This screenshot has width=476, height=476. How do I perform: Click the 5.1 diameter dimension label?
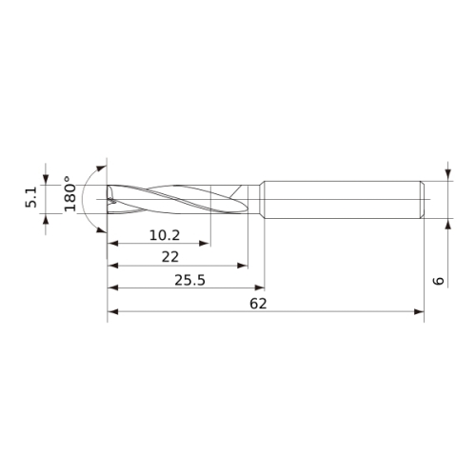click(x=31, y=197)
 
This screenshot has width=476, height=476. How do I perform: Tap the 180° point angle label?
click(x=69, y=193)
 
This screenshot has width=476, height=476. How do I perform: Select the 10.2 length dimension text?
click(x=165, y=235)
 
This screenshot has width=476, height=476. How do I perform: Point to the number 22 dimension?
click(x=170, y=257)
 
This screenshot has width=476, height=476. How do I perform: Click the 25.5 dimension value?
click(x=189, y=280)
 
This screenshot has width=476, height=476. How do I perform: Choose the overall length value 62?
click(x=258, y=304)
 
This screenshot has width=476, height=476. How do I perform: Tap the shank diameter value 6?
click(x=439, y=281)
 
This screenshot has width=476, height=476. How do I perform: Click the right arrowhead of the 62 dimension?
click(x=419, y=311)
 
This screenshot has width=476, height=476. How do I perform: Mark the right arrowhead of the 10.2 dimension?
click(x=204, y=244)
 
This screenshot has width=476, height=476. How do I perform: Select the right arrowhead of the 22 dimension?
click(x=243, y=266)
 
